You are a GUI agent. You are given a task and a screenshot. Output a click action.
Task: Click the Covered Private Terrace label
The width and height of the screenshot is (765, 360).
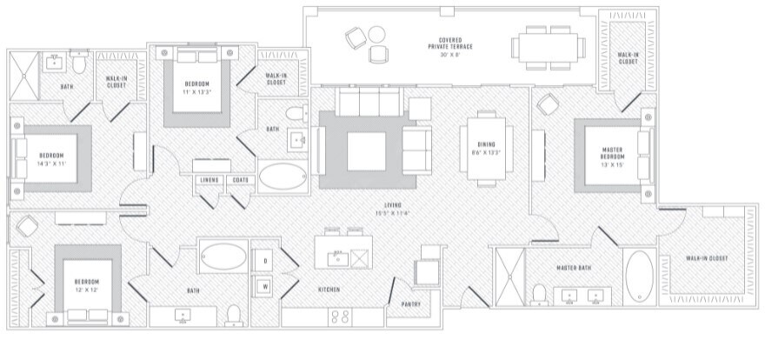click(x=449, y=43)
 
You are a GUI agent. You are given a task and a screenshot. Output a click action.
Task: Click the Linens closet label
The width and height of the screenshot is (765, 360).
click(x=209, y=180)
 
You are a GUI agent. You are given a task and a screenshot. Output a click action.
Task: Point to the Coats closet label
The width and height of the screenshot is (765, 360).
click(x=241, y=180)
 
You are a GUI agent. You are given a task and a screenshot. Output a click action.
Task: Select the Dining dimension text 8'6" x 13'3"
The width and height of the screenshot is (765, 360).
click(x=486, y=153)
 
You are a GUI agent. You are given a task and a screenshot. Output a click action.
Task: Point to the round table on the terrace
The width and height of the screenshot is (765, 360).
click(x=376, y=36)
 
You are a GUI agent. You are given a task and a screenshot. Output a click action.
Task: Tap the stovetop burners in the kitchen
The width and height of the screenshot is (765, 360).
click(x=340, y=317)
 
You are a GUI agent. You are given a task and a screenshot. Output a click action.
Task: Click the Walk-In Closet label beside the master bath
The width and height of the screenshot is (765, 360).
click(x=706, y=258)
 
